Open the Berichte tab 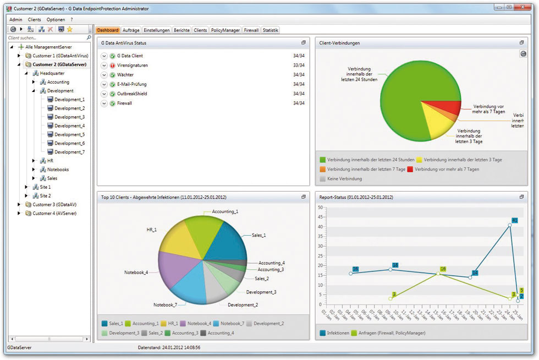pos(182,30)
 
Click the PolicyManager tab pos(226,30)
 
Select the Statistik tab pos(271,30)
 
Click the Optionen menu pos(56,19)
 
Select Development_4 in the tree pos(69,126)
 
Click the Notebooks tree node pos(58,170)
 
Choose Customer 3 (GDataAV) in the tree pos(54,205)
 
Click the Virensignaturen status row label pos(133,66)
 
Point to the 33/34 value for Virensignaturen pos(299,66)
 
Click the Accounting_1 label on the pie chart pos(226,211)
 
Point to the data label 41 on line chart pos(515,220)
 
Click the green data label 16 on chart pos(443,269)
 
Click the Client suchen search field pos(47,38)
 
